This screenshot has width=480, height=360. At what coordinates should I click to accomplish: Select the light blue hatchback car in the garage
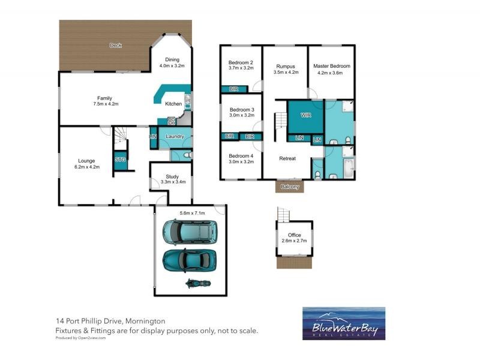tap(190, 231)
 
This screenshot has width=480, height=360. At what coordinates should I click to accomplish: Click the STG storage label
tap(120, 160)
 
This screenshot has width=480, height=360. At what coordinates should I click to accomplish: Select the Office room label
tap(294, 235)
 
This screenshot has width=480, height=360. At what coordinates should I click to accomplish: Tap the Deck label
tap(116, 46)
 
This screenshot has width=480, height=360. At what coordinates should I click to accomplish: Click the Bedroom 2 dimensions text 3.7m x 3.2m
tap(241, 68)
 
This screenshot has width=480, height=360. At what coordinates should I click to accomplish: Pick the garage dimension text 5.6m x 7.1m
tap(193, 213)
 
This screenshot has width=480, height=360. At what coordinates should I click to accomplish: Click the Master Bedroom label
tap(330, 66)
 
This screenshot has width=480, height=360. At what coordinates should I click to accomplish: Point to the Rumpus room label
tap(286, 66)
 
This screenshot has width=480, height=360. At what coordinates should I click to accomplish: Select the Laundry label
tap(174, 136)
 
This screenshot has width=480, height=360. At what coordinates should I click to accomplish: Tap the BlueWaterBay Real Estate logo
tap(344, 323)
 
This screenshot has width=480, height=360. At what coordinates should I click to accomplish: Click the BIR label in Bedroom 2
tap(232, 89)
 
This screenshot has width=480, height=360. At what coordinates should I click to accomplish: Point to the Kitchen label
tap(173, 104)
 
